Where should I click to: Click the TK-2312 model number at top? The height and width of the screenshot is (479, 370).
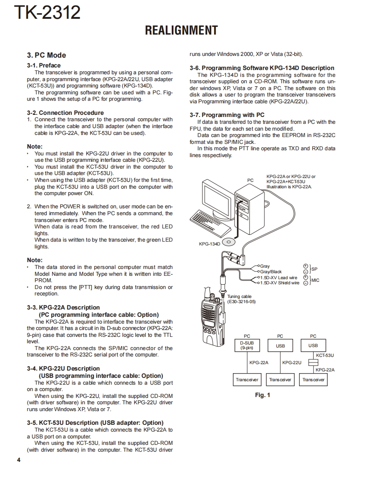click(47, 13)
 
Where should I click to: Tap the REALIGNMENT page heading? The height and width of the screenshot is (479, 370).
click(181, 31)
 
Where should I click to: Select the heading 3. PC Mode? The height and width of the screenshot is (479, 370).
click(47, 55)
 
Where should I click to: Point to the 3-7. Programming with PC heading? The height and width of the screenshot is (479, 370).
click(227, 115)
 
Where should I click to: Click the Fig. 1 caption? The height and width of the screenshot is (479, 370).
click(262, 395)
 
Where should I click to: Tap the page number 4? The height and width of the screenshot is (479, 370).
click(18, 460)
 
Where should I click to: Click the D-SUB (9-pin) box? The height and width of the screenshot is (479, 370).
click(247, 345)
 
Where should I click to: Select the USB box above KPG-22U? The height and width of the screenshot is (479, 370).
click(280, 345)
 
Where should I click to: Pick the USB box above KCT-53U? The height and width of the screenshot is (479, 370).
click(313, 345)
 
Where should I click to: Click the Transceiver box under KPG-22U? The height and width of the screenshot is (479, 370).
click(280, 379)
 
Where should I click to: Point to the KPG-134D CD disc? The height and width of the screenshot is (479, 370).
click(229, 242)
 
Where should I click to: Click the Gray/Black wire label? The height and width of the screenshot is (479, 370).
click(271, 272)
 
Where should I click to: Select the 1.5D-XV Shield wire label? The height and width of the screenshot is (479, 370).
click(280, 283)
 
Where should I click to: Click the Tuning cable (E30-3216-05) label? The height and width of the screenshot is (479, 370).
click(241, 299)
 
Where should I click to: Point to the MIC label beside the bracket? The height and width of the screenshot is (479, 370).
click(315, 280)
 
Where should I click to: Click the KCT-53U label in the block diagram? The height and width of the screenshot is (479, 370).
click(325, 355)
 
